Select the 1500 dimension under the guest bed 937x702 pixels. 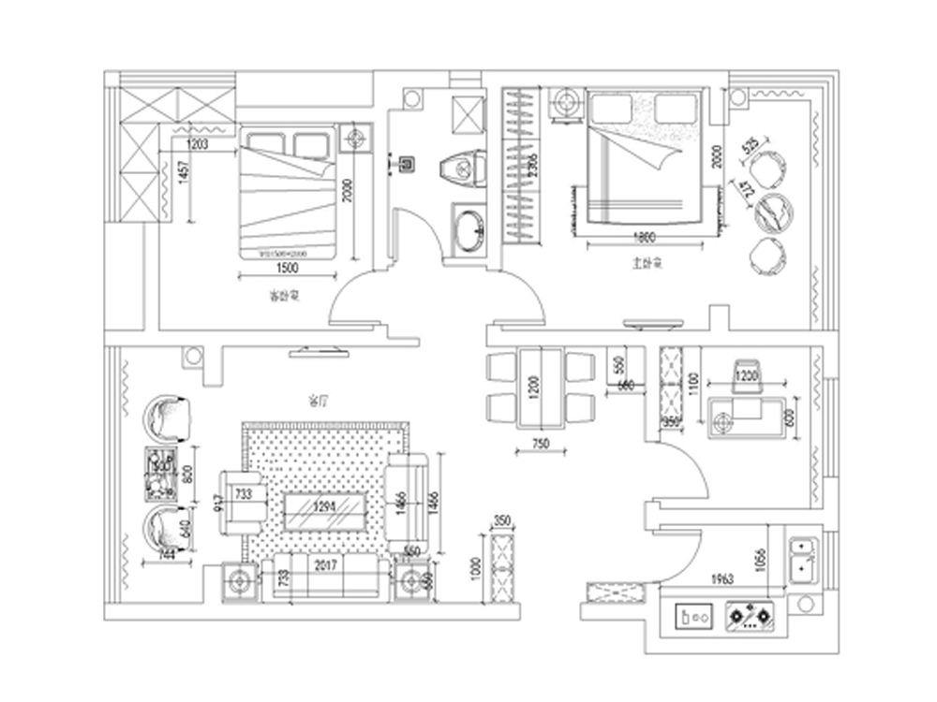coord(288,268)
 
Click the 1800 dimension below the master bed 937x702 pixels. coord(644,237)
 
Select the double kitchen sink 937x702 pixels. coord(803,558)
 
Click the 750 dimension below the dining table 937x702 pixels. coord(540,444)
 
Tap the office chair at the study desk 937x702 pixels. coord(746,374)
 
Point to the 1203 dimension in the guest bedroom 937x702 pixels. coord(197,144)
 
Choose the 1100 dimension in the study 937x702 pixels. coord(693,383)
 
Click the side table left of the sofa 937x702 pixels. coord(239,582)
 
